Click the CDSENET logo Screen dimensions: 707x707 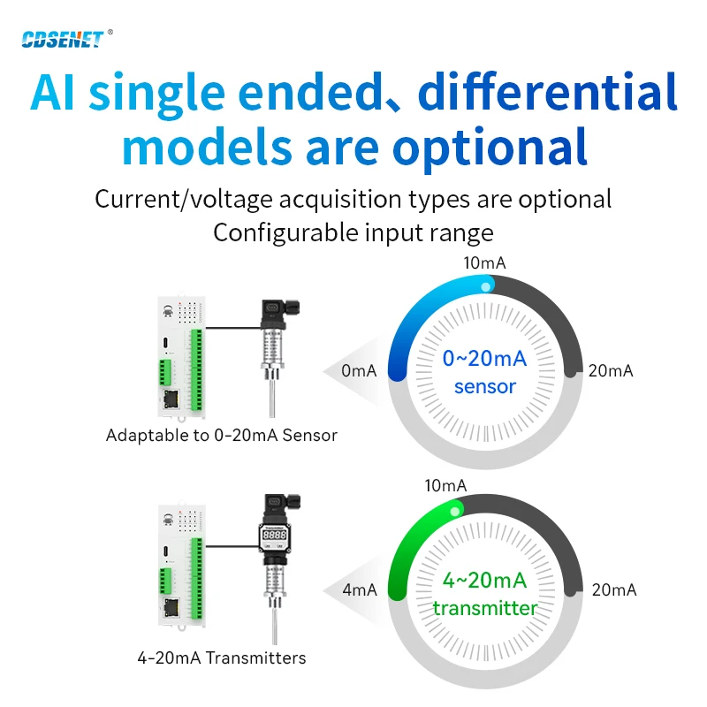point(63,39)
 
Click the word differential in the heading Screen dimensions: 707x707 point(547,92)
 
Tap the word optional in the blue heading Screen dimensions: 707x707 point(490,148)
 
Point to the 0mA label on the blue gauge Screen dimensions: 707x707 point(359,370)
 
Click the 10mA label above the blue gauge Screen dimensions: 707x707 point(484,262)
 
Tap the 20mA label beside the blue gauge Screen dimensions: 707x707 point(611,370)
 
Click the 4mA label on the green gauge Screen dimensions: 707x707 point(360,589)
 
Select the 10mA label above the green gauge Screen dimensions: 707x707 point(445,485)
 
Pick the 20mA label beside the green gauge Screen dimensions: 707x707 point(614,589)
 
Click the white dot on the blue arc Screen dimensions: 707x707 point(485,286)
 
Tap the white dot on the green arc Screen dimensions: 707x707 point(455,512)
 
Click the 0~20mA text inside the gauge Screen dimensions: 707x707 point(484,359)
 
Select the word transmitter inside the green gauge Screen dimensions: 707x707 point(485,608)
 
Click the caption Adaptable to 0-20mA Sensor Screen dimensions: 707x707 point(222,436)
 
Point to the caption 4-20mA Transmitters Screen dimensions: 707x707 point(222,658)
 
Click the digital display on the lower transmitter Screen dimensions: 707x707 point(275,535)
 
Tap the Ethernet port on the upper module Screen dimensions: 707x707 point(171,399)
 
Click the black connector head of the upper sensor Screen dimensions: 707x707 point(279,312)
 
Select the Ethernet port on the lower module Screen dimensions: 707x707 point(171,608)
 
